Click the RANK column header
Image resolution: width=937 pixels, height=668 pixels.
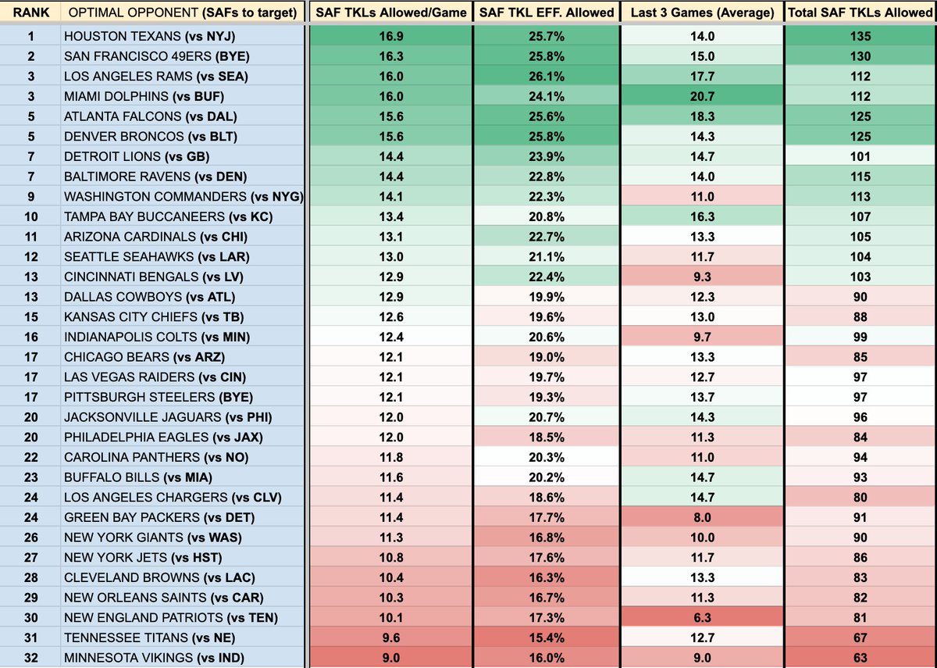(31, 12)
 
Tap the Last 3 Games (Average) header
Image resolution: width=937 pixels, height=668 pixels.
(703, 12)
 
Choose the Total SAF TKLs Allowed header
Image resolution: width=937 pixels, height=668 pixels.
(860, 12)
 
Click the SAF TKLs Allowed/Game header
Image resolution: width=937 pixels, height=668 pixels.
(391, 12)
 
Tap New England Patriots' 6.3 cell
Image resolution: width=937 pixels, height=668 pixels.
(703, 616)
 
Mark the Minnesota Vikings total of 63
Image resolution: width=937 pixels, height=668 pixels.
(860, 657)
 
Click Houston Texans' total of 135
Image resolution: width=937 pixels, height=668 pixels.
(860, 36)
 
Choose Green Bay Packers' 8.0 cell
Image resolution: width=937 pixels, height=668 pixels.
(703, 516)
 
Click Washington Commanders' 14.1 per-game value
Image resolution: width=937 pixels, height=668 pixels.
(391, 196)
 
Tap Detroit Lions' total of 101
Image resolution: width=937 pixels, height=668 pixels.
(860, 156)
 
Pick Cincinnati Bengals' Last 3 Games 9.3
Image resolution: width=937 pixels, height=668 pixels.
(703, 277)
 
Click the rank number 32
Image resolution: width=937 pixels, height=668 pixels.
(31, 657)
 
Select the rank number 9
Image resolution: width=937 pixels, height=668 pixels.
(31, 196)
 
